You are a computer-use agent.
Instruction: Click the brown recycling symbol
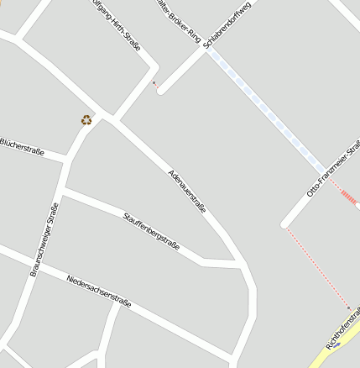86,119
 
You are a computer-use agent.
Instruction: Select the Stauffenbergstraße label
152,232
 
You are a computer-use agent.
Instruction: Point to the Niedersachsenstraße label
99,290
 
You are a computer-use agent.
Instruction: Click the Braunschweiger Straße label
44,239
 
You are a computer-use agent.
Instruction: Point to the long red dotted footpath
317,267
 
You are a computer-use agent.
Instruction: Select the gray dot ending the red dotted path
349,308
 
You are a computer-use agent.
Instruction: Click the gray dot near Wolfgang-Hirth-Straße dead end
154,82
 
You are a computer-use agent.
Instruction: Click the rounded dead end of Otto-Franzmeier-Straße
286,224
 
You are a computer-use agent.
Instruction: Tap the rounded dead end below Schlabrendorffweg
161,90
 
